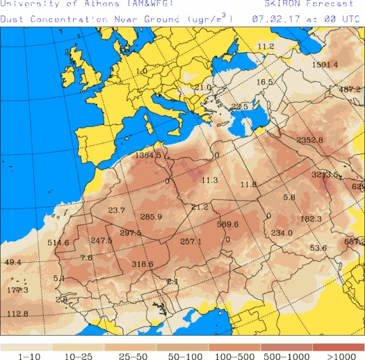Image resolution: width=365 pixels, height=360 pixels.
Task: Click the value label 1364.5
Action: click(x=148, y=156)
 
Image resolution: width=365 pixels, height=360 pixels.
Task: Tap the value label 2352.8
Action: click(x=310, y=140)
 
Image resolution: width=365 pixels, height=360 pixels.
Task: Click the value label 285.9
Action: click(x=151, y=217)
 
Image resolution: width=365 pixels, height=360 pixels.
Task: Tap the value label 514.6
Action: click(x=58, y=243)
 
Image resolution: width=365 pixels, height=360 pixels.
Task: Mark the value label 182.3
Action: click(x=311, y=219)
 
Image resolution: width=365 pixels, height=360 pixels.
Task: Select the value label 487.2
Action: click(x=350, y=90)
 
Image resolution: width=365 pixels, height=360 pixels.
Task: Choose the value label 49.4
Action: click(x=13, y=262)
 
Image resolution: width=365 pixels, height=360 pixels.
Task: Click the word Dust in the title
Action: click(x=12, y=19)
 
